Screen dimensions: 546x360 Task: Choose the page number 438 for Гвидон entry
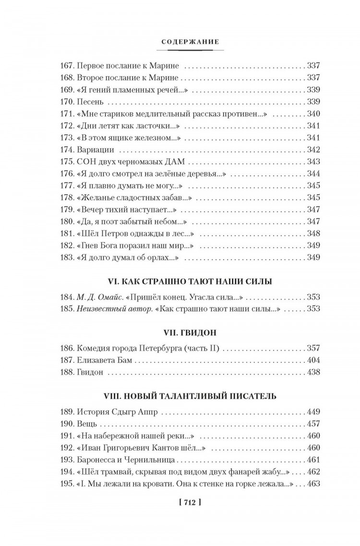coord(312,372)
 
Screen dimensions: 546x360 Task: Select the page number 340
coord(312,114)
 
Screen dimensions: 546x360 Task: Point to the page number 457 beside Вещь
coord(312,424)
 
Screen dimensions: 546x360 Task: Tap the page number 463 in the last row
coord(312,484)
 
